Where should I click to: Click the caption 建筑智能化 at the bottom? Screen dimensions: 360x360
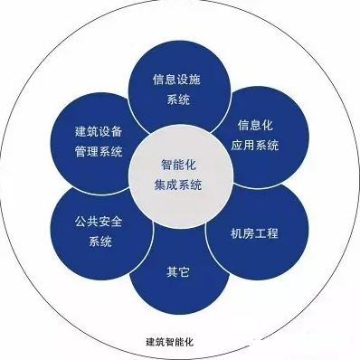(176, 342)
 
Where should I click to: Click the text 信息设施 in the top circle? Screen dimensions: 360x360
(177, 79)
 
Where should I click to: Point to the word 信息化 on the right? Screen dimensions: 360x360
(254, 124)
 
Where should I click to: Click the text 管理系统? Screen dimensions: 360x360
(99, 150)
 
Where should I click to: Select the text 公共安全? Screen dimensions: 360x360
(99, 222)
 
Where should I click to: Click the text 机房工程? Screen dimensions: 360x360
(254, 232)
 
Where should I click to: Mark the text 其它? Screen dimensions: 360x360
(177, 270)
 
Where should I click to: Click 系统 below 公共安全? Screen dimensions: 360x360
(99, 242)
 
